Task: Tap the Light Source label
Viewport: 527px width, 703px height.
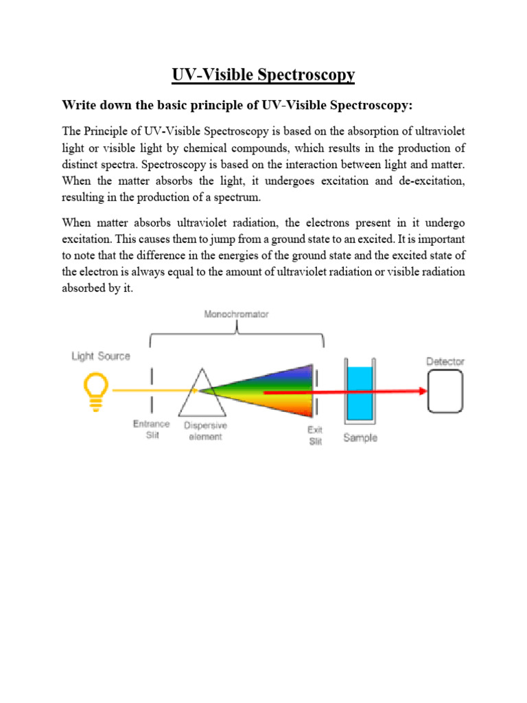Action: coord(100,356)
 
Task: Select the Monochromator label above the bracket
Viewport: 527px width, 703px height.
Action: coord(237,314)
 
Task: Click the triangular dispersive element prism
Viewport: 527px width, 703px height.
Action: coord(198,395)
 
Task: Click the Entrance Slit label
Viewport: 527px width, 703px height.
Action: coord(151,430)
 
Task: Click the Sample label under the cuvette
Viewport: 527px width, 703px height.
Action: coord(360,437)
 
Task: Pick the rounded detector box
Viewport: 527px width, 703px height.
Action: coord(445,391)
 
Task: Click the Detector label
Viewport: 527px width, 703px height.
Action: coord(445,361)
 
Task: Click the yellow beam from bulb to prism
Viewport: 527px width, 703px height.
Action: coord(151,390)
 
